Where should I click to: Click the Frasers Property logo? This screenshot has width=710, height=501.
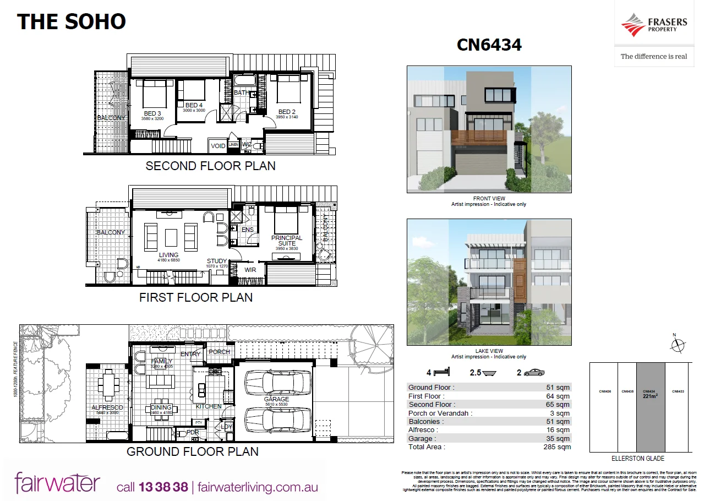pyautogui.click(x=654, y=26)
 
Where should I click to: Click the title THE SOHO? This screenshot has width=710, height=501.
pyautogui.click(x=72, y=21)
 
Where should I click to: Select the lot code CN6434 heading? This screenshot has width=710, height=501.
pyautogui.click(x=489, y=45)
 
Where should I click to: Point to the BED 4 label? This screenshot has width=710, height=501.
pyautogui.click(x=194, y=105)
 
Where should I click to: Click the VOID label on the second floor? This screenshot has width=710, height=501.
pyautogui.click(x=218, y=146)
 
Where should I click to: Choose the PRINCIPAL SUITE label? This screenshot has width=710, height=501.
pyautogui.click(x=287, y=241)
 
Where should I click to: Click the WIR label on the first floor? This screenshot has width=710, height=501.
pyautogui.click(x=250, y=270)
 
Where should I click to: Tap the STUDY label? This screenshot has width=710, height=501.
pyautogui.click(x=217, y=261)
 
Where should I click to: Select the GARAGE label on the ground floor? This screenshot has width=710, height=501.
pyautogui.click(x=276, y=399)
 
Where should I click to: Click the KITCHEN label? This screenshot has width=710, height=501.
pyautogui.click(x=209, y=406)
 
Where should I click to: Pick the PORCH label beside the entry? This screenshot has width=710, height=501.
pyautogui.click(x=220, y=352)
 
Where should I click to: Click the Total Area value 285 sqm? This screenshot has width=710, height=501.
pyautogui.click(x=556, y=447)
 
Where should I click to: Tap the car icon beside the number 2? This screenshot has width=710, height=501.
pyautogui.click(x=534, y=373)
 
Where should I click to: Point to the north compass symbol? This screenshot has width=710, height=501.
pyautogui.click(x=678, y=345)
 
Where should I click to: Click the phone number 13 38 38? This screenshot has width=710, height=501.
pyautogui.click(x=163, y=487)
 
